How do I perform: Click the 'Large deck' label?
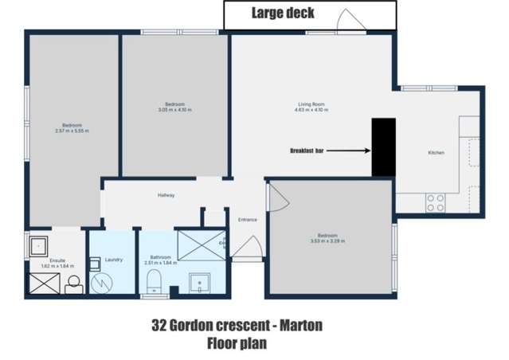tap(283, 13)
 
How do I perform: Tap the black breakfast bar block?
tap(384, 147)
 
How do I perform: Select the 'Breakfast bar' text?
tap(307, 150)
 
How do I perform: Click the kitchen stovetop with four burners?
tap(435, 203)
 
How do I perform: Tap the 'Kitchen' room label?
tap(436, 152)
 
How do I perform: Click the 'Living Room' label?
tap(311, 104)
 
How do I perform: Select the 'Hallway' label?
tap(166, 195)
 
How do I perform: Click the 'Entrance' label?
tap(247, 219)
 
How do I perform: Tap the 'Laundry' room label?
tap(112, 259)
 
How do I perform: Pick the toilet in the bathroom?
tap(156, 280)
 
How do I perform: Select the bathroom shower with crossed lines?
tap(201, 245)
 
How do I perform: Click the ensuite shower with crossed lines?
tap(40, 283)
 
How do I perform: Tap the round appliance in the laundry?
tap(102, 280)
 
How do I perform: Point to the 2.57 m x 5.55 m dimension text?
tap(72, 131)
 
